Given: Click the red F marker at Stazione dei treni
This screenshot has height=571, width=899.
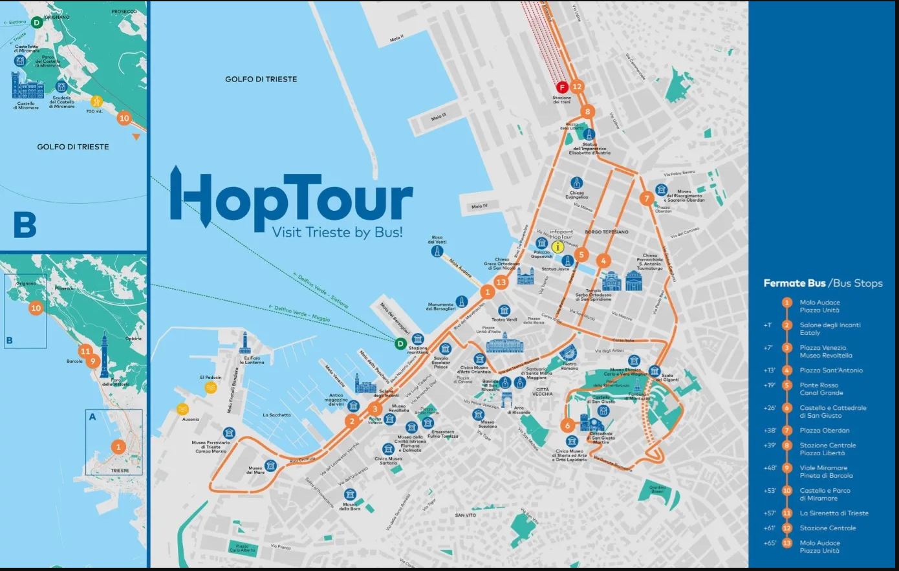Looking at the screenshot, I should point(562,87).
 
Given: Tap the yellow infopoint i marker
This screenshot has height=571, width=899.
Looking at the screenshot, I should point(558,246).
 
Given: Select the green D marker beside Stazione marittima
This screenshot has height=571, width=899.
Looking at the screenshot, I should point(401,343).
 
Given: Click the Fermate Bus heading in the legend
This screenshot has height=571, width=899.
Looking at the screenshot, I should point(794,283).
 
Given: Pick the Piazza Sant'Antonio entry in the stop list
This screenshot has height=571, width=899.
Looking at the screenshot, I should point(831,371).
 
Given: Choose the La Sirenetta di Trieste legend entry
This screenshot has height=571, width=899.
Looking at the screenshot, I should point(834,513).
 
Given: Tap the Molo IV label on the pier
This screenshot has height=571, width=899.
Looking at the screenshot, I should point(479,206).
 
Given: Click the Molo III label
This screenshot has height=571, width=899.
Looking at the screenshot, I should point(439,117).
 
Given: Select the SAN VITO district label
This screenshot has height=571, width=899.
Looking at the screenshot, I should point(465,515).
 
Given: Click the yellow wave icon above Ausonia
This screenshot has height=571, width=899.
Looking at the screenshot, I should point(182,409).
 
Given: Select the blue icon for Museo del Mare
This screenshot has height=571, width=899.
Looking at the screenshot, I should point(270,465).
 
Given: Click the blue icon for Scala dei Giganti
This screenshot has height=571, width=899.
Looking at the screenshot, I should point(655,371).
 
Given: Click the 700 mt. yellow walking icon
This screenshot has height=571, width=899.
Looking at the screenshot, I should point(96,101).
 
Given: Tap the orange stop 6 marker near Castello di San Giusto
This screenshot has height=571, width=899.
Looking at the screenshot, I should point(567,426).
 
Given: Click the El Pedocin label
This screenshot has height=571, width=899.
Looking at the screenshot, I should point(210,377).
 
